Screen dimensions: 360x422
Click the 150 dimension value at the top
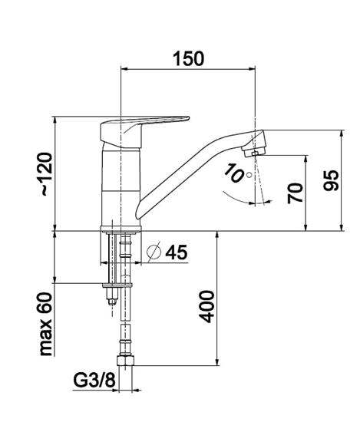[x=188, y=58]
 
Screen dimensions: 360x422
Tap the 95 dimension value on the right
[x=331, y=180]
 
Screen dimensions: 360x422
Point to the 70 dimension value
[x=296, y=193]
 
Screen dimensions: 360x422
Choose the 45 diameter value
[x=176, y=252]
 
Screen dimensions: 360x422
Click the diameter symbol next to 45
[x=154, y=252]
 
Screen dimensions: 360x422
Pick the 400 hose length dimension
[x=208, y=306]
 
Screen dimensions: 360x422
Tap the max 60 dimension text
[x=45, y=324]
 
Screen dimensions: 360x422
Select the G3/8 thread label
[x=94, y=380]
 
